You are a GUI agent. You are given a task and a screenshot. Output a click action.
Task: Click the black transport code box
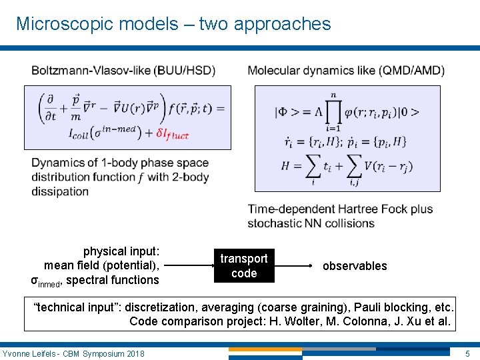coord(244,265)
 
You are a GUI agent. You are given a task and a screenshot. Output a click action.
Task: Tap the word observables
coord(355,266)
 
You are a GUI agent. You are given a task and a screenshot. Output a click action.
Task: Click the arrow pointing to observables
coord(296,265)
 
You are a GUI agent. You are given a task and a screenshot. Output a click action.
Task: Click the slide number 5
coord(467,353)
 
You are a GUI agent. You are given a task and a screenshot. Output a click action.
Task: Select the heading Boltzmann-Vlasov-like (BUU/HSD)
coord(123,71)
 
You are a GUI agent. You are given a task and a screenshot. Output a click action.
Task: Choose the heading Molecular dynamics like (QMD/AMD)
coord(346,71)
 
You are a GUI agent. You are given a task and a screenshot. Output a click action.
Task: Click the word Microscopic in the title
coord(59,24)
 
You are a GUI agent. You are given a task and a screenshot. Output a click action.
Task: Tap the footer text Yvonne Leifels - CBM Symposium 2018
coord(73,353)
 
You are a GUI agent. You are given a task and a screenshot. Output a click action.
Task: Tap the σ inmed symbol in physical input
coord(46,281)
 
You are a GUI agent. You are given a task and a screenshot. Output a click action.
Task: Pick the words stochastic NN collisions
coord(311,223)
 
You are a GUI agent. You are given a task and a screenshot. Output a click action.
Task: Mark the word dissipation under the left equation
coord(60,191)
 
